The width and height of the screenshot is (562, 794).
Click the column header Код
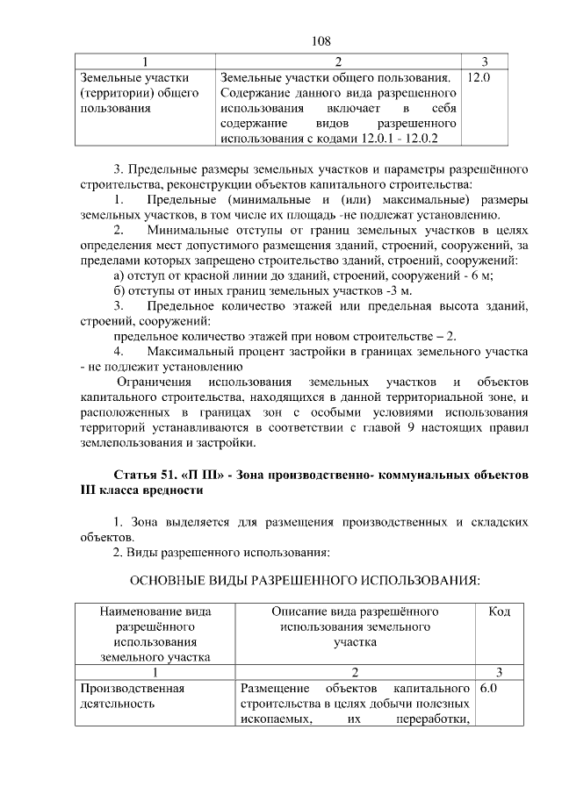pos(499,612)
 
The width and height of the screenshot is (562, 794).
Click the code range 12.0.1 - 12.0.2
pos(401,139)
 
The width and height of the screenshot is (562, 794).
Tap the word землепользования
pos(129,444)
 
